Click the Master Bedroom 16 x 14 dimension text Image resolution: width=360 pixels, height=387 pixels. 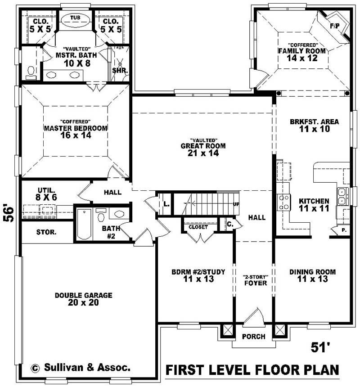point(76,135)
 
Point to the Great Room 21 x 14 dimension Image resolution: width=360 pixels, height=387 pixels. point(202,153)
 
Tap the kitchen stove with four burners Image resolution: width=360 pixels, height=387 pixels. point(284,202)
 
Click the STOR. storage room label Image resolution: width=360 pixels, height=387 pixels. point(46,233)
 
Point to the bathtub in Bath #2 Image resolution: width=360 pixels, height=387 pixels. point(84,224)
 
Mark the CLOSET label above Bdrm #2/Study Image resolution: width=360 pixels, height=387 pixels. point(198,227)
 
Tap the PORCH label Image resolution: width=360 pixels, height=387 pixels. point(253,337)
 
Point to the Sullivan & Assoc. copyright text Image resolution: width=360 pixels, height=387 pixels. point(81,367)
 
